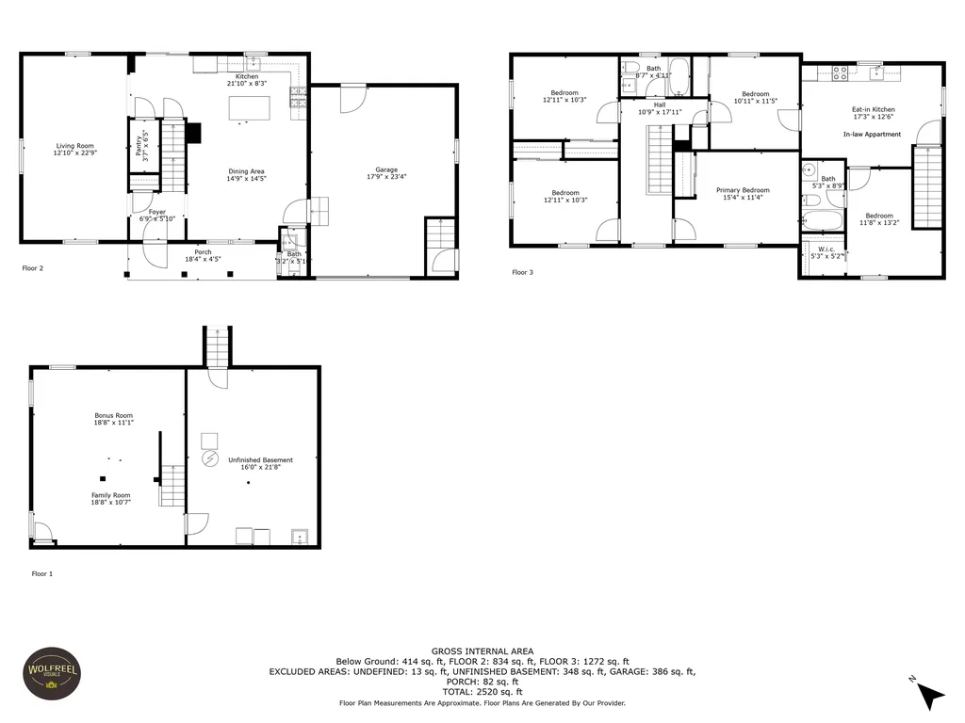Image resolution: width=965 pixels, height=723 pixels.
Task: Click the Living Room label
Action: tap(74, 145)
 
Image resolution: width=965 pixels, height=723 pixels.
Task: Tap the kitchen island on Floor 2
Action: tap(247, 109)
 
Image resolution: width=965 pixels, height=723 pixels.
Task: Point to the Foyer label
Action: tap(156, 212)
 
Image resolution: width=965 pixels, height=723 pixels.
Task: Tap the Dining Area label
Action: tap(245, 171)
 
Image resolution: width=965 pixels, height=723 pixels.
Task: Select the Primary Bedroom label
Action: tap(743, 190)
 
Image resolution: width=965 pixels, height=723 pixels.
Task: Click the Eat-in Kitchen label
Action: tap(874, 109)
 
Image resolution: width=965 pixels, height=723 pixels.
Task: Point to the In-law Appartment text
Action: tap(872, 135)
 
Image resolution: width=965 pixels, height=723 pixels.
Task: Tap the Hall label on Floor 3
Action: tap(660, 104)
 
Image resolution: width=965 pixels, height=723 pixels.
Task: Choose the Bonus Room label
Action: tap(113, 415)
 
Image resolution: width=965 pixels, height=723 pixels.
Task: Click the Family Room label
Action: tap(110, 495)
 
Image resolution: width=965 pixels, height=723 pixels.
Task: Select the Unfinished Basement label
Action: tap(260, 459)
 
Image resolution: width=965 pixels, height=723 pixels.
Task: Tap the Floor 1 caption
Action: tap(42, 573)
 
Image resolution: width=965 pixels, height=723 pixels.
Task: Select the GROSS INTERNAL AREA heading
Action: tap(482, 651)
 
